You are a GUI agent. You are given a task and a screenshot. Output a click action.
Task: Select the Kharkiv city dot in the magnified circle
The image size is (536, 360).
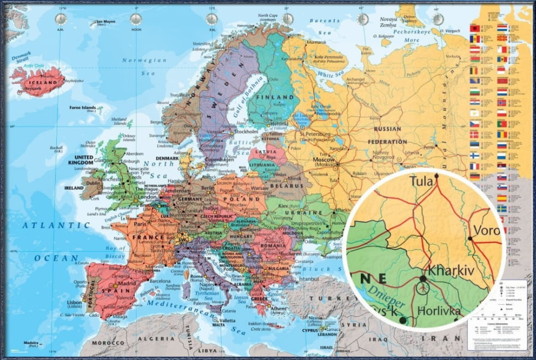422,279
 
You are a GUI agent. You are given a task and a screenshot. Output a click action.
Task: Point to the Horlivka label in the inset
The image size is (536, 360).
439,311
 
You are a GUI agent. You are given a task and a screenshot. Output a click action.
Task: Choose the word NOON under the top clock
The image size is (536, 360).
135,31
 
